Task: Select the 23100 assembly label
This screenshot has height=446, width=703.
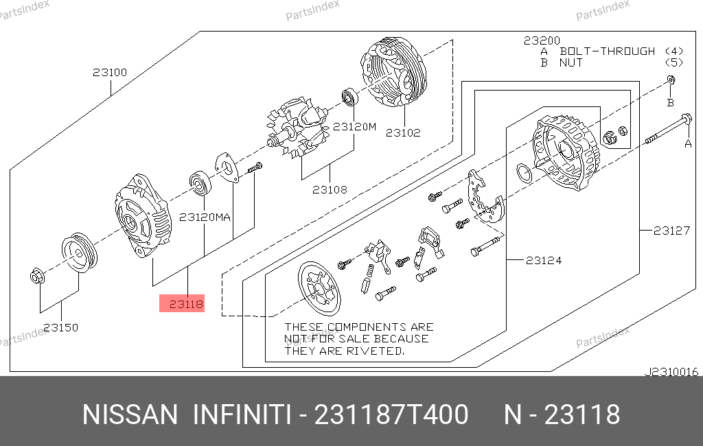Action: pyautogui.click(x=110, y=72)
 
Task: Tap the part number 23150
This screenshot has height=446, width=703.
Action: pyautogui.click(x=61, y=328)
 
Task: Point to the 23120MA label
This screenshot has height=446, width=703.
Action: pyautogui.click(x=205, y=218)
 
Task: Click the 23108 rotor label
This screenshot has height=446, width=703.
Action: pyautogui.click(x=330, y=189)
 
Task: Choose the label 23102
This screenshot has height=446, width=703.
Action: pyautogui.click(x=403, y=132)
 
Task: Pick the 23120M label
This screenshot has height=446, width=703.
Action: pyautogui.click(x=355, y=127)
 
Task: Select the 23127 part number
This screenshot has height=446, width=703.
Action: pyautogui.click(x=671, y=231)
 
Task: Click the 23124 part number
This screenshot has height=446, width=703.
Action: pyautogui.click(x=544, y=261)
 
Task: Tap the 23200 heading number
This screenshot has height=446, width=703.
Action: pyautogui.click(x=542, y=40)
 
